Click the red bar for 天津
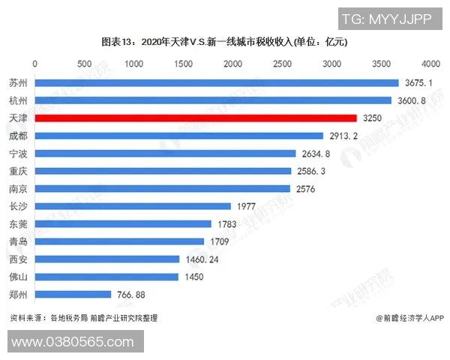coord(195,118)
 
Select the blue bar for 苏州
coord(216,82)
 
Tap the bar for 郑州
coord(73,295)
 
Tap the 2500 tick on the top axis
coord(283,64)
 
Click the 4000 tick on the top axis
coord(430,64)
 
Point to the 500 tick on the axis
coord(85,64)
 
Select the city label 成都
coord(18,136)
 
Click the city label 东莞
coord(18,224)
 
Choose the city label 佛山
coord(18,277)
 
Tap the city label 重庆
coord(18,171)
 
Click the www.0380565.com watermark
coord(72,342)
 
